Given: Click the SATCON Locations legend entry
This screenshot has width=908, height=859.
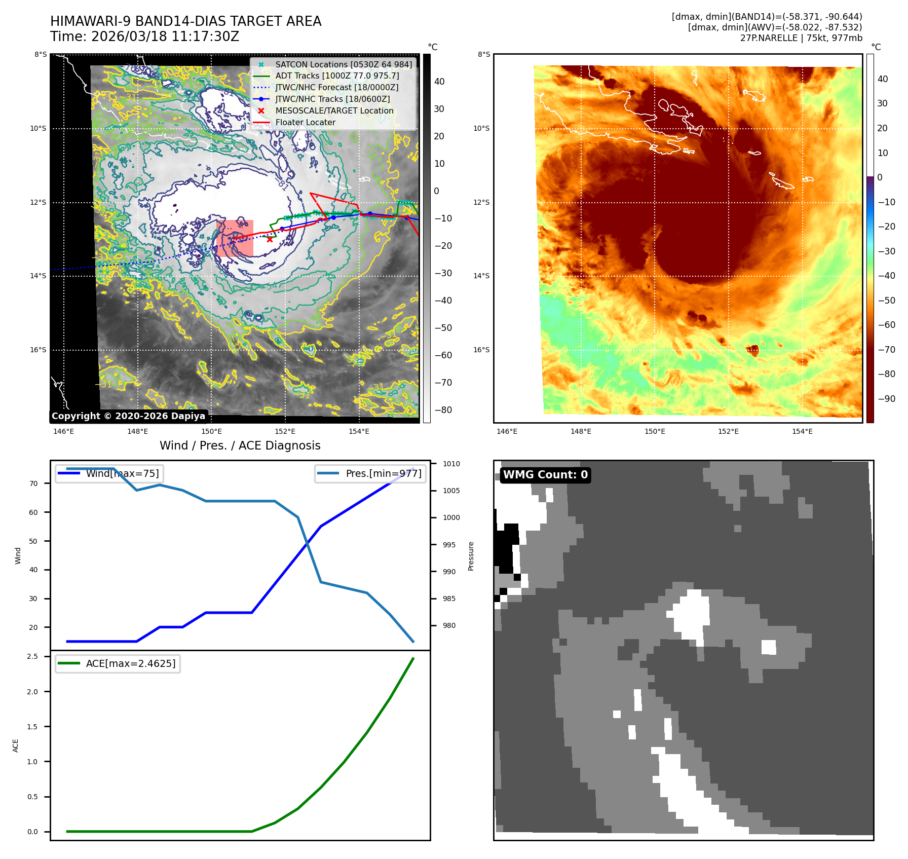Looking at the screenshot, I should pos(343,64).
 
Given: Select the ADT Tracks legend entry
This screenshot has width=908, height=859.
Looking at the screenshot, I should pos(337,76).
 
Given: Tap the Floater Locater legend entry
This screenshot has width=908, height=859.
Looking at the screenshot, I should pos(305,123).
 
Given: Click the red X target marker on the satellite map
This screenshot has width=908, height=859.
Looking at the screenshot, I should pos(270,239).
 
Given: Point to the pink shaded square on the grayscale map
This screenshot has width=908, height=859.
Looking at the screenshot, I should pos(235,238).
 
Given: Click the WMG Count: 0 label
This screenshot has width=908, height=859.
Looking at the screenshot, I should pos(545,475).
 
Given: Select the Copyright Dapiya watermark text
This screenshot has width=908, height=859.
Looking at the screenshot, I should pos(128,416).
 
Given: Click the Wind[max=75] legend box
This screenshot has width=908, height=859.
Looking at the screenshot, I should pos(109,473).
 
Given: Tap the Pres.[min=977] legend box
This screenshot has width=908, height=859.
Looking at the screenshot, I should pos(370,473).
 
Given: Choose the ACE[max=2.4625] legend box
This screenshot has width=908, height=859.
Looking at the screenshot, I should pos(118,663).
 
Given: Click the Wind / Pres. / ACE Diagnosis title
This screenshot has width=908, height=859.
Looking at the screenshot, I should pos(240,445).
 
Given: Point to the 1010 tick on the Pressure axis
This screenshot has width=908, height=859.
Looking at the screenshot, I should pos(451,464).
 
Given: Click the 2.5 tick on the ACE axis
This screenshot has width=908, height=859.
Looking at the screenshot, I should pos(32,656).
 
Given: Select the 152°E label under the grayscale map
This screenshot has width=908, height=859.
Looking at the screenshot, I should pos(285,431).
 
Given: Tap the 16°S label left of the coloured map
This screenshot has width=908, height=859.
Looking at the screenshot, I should pos(481,350).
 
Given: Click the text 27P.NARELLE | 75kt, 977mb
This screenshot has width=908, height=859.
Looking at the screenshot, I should pos(801,38).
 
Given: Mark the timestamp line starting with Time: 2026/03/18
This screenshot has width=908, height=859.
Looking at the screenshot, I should pos(144,36).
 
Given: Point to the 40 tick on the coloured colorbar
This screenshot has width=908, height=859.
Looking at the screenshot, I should pos(883,79).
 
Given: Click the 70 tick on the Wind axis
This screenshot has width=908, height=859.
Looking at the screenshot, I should pos(33,483).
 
